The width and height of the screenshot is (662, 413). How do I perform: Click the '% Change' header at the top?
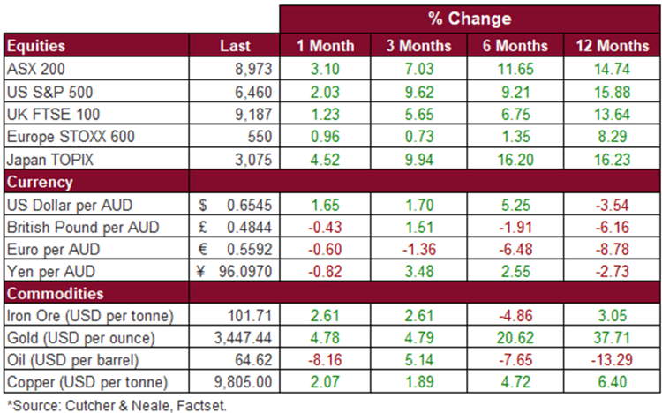tap(470, 19)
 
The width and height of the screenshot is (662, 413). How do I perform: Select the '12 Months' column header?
tap(613, 46)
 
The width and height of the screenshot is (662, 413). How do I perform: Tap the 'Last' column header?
tap(235, 46)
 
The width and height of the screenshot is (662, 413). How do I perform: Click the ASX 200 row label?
tap(36, 69)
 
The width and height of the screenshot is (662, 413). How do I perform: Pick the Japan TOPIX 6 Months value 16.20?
tap(515, 160)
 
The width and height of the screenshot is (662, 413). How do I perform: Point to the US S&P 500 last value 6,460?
tap(253, 92)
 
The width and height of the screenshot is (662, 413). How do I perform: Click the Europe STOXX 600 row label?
tap(71, 137)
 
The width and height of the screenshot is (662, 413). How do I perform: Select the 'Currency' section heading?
tap(40, 182)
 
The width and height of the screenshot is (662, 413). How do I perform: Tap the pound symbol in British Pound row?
tap(203, 227)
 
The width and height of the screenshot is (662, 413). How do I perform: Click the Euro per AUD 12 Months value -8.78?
tap(613, 249)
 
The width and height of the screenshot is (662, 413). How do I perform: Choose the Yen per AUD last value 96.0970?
tap(245, 271)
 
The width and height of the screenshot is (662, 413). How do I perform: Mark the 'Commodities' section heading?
tap(55, 294)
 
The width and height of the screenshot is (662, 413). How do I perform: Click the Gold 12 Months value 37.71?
tap(613, 338)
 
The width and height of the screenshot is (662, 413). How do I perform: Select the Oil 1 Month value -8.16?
tap(325, 360)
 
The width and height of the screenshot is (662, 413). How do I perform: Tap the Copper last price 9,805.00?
tap(244, 382)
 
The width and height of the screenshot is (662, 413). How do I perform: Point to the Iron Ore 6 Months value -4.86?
tap(515, 315)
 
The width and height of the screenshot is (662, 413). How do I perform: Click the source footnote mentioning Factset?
tap(117, 405)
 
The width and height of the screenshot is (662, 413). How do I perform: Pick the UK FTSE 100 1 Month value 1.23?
tap(325, 114)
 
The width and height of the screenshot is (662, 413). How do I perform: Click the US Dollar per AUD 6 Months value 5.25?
tap(515, 205)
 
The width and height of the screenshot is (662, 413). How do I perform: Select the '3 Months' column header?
tap(418, 46)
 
